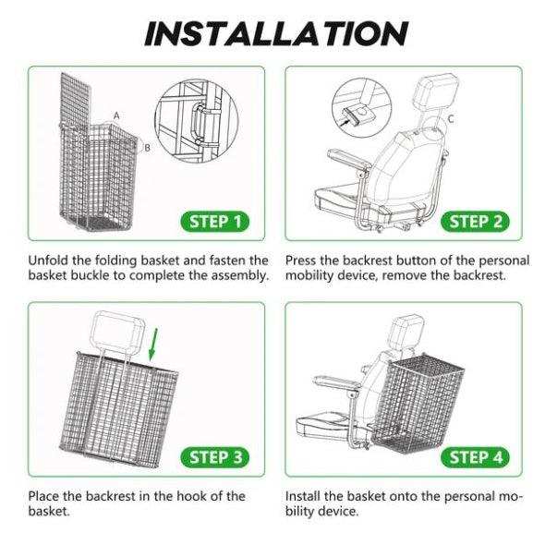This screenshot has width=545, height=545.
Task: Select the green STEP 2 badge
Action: (477, 221)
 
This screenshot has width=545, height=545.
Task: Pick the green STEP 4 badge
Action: (477, 457)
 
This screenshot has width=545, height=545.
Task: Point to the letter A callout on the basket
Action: (117, 115)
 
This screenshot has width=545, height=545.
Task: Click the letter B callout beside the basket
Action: (146, 147)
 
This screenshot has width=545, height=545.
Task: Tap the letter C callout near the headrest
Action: (450, 119)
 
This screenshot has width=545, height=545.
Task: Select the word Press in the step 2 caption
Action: (305, 261)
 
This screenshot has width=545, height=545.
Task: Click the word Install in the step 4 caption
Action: (307, 496)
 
